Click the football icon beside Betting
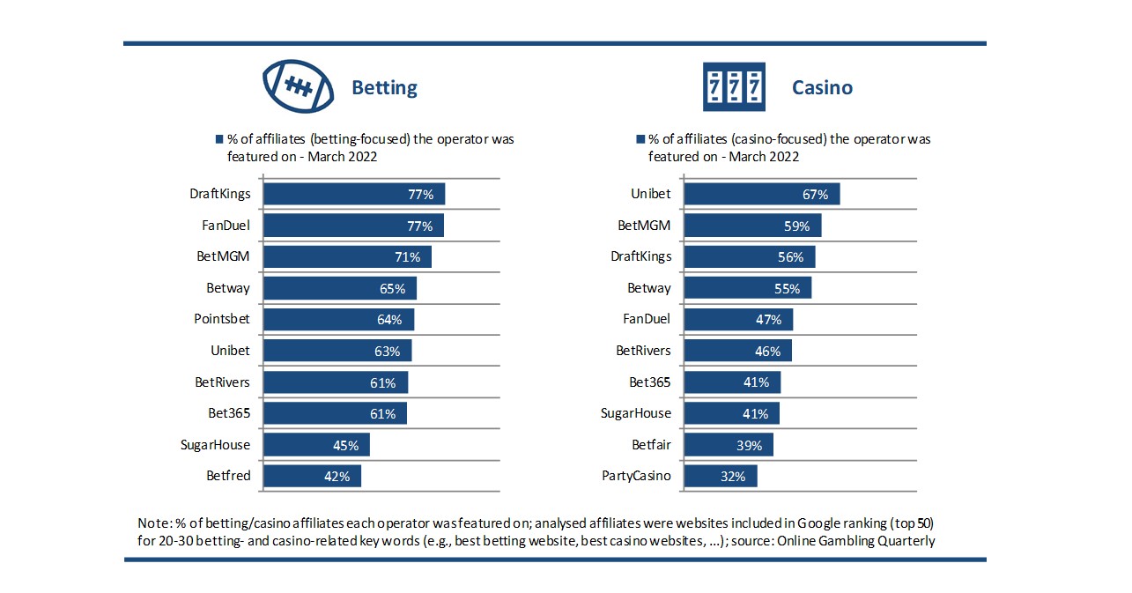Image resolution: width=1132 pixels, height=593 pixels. point(299,86)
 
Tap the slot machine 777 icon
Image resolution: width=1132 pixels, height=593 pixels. point(733,86)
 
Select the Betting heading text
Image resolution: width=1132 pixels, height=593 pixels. point(384,88)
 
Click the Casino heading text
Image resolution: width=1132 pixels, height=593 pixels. point(822,88)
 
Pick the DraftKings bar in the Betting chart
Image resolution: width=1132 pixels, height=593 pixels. point(354,194)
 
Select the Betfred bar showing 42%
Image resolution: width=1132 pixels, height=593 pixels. point(312,477)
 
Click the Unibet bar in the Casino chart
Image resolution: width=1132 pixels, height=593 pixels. point(761,194)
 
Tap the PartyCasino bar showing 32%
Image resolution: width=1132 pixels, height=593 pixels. point(720,477)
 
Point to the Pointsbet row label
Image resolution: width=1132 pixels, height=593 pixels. point(222,319)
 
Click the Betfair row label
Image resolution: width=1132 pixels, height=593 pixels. point(651,445)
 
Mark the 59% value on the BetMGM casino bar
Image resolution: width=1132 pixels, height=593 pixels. point(796,226)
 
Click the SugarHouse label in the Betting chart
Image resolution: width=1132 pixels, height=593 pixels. point(215,445)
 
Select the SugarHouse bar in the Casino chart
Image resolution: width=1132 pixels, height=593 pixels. point(731,413)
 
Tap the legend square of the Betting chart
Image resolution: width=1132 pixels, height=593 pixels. point(220,139)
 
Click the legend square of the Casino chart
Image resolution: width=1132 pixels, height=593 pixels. point(640,139)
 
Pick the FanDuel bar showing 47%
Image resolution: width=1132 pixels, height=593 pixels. point(738,319)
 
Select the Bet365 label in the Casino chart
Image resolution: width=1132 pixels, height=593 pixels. point(650,382)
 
